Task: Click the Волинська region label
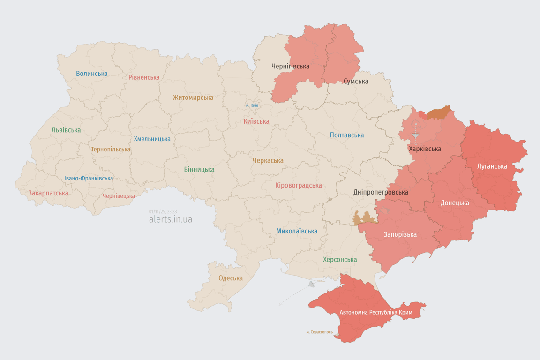pos(91,74)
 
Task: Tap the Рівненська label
pos(144,77)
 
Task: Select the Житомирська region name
pos(193,97)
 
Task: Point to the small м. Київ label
pos(252,105)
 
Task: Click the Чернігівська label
pos(290,66)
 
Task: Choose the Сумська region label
pos(356,81)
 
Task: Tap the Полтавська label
pos(346,135)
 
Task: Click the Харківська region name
pos(425,149)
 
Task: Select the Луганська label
pos(492,166)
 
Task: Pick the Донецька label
pos(454,203)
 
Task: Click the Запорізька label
pos(400,234)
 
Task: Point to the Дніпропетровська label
pos(380,192)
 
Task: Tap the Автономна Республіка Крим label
pos(375,312)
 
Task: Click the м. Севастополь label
pos(319,332)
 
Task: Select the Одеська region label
pos(230,278)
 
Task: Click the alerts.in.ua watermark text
pos(170,219)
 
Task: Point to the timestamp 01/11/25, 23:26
pos(163,212)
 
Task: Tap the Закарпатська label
pos(48,193)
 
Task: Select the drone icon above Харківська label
pos(415,126)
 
